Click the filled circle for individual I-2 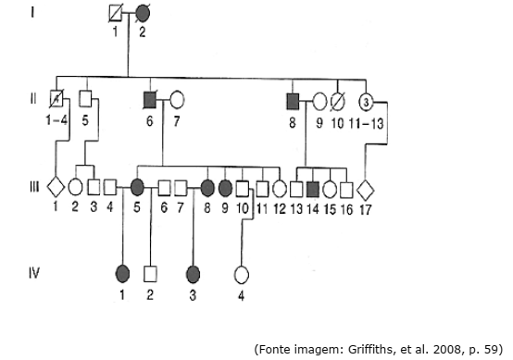(143, 14)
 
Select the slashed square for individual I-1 (116, 14)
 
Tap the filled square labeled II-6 (150, 100)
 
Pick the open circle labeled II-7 (177, 99)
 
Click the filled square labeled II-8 (293, 102)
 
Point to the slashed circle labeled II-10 (338, 102)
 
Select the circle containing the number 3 (366, 103)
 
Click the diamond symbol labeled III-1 (56, 187)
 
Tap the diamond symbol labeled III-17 (366, 190)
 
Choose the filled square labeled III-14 (313, 190)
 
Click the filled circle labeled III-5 (137, 187)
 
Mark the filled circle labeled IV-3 (193, 274)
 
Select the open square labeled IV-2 (150, 274)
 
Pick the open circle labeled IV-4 (241, 275)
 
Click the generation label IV (34, 273)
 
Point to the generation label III (34, 187)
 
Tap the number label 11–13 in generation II (366, 124)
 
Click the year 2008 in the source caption (446, 350)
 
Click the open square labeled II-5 (86, 98)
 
